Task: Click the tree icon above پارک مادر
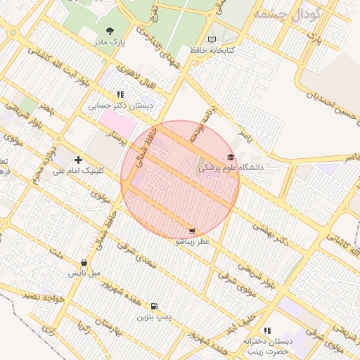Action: point(110,31)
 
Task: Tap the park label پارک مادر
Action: point(110,42)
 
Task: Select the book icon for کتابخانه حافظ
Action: point(213,39)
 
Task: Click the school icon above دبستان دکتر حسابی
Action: point(120,94)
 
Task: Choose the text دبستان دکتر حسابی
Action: point(120,105)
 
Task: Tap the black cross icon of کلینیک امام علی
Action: point(78,160)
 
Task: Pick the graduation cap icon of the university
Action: point(231,157)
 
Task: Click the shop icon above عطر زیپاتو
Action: point(192,231)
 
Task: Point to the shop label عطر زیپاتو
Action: point(192,241)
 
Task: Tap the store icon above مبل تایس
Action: point(84,263)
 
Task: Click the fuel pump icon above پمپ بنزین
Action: point(154,307)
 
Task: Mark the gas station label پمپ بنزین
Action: point(154,318)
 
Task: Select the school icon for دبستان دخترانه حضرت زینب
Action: point(266,330)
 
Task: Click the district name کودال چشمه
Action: point(288,13)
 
